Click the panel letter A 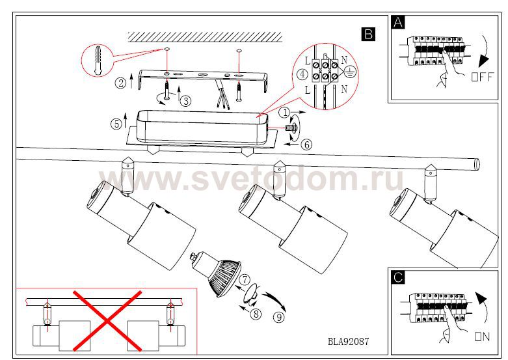398,22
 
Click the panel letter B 368,34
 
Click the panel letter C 398,277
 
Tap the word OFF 483,77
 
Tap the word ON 482,337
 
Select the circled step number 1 285,113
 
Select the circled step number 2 120,83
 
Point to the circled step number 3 185,101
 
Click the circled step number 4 302,74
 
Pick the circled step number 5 116,124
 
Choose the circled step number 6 306,145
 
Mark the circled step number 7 245,279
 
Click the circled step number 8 256,314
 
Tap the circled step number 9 278,317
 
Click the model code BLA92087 348,342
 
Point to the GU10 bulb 217,273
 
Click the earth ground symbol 350,72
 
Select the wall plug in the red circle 97,61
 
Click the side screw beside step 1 291,128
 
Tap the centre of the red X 107,320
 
